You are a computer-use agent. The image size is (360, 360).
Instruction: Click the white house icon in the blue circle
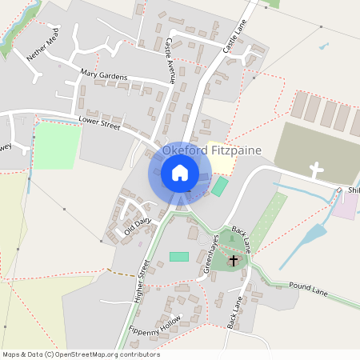pyautogui.click(x=180, y=173)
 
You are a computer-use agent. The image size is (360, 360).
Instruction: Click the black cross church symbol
pyautogui.click(x=234, y=260)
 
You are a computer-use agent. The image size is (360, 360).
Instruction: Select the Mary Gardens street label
pyautogui.click(x=104, y=74)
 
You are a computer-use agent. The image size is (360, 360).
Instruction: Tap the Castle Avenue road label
pyautogui.click(x=170, y=59)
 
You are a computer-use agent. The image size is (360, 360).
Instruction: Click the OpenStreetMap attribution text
pyautogui.click(x=80, y=354)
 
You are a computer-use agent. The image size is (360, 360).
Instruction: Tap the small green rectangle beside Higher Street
pyautogui.click(x=179, y=256)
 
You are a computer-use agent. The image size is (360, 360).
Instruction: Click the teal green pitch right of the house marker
pyautogui.click(x=219, y=187)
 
